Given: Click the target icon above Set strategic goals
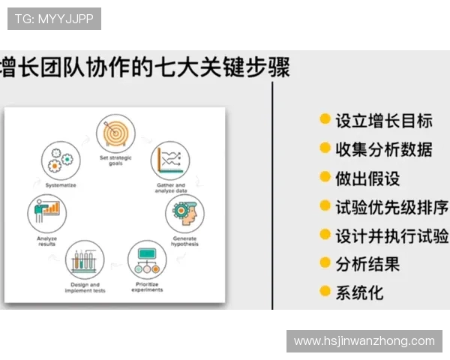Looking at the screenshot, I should [x=115, y=133].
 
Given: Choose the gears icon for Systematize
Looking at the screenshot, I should [x=59, y=159].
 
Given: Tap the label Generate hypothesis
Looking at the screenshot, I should [x=184, y=241].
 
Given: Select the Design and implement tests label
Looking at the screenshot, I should [x=85, y=287].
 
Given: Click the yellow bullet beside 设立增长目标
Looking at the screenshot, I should [x=325, y=119].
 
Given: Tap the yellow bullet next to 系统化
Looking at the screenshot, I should [x=325, y=291].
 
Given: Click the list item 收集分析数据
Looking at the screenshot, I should [x=383, y=148].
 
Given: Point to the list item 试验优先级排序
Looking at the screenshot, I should [x=391, y=206].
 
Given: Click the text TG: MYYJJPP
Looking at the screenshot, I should [x=54, y=19].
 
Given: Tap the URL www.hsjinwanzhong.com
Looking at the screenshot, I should [x=364, y=341].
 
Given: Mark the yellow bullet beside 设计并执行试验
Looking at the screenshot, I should [x=325, y=234].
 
